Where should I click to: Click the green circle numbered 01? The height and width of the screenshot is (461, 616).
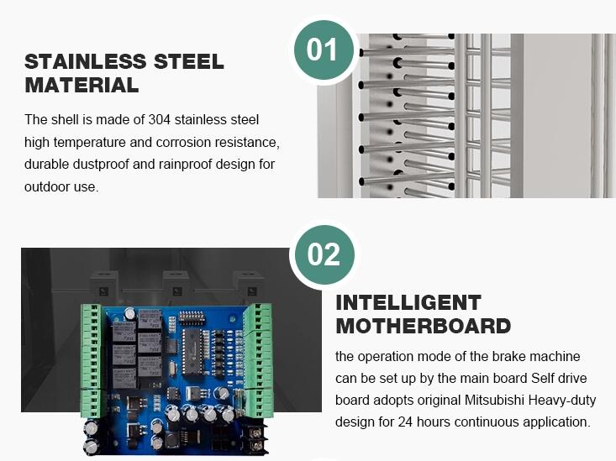324,50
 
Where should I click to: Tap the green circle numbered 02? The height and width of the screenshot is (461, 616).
324,254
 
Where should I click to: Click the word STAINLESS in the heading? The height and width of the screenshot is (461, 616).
86,61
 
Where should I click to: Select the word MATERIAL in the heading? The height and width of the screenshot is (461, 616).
82,85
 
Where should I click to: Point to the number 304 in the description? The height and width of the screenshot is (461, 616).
160,120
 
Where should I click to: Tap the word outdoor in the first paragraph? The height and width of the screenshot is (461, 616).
45,186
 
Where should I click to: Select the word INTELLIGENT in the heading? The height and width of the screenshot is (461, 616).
408,302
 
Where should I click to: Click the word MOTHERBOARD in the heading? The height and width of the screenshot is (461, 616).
424,326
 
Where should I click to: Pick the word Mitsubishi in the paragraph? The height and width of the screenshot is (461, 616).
495,401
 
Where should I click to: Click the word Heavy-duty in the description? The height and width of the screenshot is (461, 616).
562,401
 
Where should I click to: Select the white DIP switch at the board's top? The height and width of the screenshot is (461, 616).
190,317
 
